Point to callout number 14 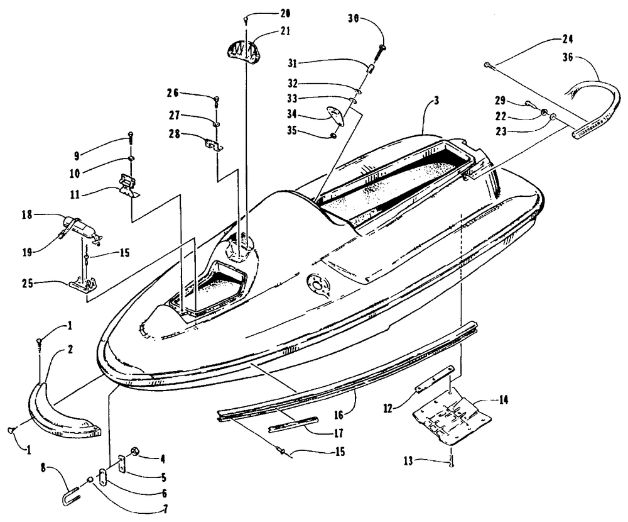[x=486, y=400]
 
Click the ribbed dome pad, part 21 [x=246, y=48]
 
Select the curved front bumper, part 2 [x=63, y=406]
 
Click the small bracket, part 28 [x=215, y=143]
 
